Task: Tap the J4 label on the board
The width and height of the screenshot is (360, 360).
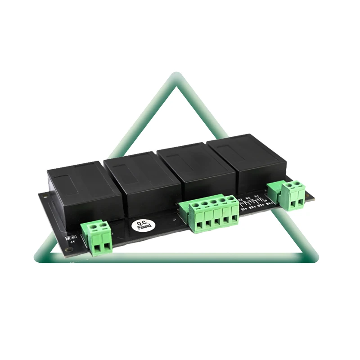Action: pyautogui.click(x=70, y=242)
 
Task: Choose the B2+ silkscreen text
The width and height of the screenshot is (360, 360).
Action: pyautogui.click(x=252, y=207)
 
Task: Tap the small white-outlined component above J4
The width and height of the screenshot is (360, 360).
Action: pyautogui.click(x=70, y=235)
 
